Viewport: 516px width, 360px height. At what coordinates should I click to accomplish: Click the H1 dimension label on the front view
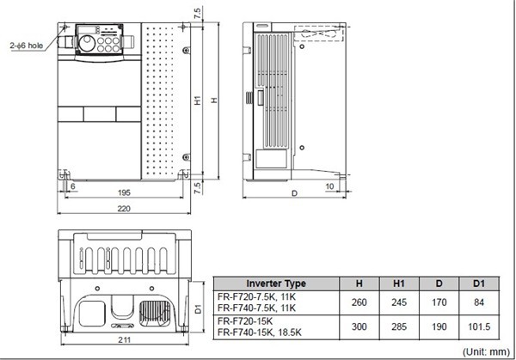198,101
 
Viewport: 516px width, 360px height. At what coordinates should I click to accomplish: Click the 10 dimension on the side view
330,186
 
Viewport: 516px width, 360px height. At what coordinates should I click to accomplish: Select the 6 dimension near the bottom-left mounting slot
73,186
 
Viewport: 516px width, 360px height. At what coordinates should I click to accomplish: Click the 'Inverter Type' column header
275,284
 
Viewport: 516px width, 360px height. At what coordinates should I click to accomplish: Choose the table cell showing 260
359,302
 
